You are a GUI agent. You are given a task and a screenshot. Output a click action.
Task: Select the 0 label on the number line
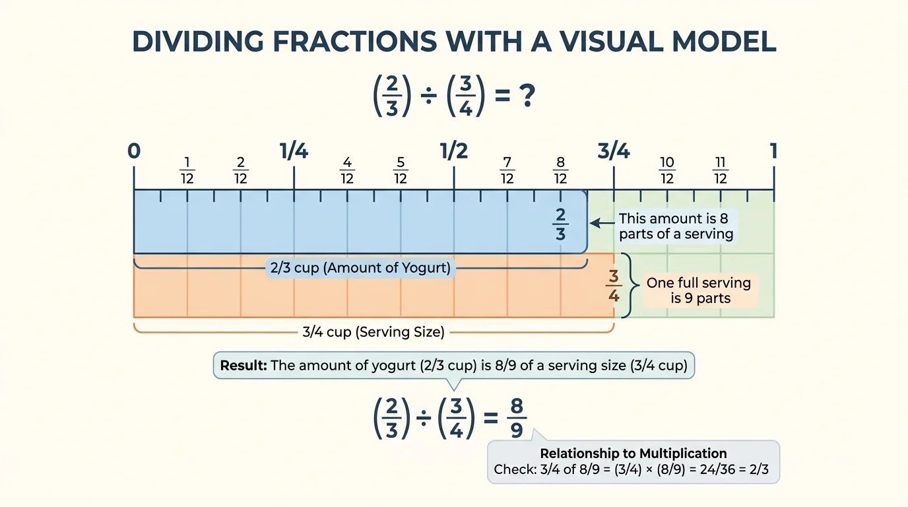coord(134,151)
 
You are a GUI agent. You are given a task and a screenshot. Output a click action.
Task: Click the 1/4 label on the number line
coord(294,151)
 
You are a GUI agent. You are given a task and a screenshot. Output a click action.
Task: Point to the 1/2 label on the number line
coord(454,151)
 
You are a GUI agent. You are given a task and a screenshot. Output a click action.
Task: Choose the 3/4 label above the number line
coord(614,151)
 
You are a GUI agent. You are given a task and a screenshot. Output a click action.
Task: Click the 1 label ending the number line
coord(773,151)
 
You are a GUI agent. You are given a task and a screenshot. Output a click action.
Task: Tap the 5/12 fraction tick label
coord(401,171)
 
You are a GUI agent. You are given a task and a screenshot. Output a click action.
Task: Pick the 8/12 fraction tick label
coord(561,171)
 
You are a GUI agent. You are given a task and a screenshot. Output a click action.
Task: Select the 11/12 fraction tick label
coord(721,171)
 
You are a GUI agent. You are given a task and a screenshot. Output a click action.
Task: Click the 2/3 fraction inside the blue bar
coord(561,224)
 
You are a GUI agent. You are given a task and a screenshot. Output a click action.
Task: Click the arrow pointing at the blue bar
coord(600,224)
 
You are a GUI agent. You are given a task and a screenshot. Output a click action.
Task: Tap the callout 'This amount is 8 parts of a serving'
coord(676,226)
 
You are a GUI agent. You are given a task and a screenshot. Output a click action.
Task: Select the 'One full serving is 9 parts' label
coord(699,290)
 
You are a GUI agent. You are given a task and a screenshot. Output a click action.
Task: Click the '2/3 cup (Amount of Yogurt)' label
coord(360,268)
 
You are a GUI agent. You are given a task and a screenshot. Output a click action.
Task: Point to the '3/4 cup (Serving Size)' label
coord(373,332)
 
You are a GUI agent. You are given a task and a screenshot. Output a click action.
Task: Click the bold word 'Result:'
coord(243,366)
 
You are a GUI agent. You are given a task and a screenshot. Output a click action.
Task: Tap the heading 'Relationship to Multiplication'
coord(633,454)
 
